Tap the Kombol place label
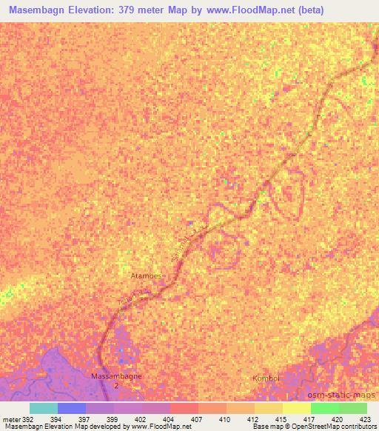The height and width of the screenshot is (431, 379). pos(266,378)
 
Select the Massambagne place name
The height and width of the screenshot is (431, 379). pos(115,376)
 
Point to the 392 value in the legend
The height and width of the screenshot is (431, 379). pos(27,418)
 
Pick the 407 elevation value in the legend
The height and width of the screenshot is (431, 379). pos(198,418)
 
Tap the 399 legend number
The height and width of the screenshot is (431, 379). pos(113,418)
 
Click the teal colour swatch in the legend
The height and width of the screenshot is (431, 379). pos(44,408)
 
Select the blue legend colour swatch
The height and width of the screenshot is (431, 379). pos(72,408)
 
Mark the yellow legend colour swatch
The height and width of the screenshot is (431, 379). pos(296,408)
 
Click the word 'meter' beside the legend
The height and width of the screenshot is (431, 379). pos(10,418)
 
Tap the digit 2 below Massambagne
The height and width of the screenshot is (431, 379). pos(115,385)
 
